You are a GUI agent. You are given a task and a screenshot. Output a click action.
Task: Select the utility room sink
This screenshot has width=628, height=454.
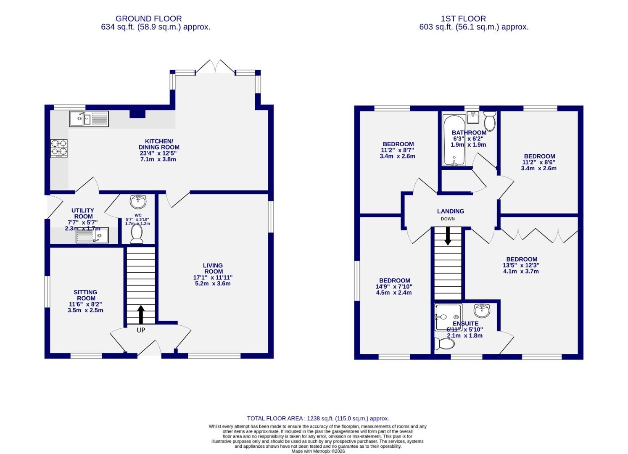92,235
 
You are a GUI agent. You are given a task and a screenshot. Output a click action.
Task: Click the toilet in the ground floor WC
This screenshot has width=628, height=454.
137,234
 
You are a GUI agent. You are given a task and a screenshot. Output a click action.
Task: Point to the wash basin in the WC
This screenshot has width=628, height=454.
138,202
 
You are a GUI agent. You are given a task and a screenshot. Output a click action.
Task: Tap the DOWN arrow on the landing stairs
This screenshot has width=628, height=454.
448,236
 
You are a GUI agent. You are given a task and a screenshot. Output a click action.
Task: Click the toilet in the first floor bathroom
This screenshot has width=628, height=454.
489,121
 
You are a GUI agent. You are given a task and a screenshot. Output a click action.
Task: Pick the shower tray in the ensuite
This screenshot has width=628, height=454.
448,317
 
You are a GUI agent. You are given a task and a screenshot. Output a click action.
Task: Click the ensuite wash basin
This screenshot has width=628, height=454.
482,311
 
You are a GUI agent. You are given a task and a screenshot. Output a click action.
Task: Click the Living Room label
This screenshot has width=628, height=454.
213,268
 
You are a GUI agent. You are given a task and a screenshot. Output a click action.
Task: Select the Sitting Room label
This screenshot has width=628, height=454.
85,295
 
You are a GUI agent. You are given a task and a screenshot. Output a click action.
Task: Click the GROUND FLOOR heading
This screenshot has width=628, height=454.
148,18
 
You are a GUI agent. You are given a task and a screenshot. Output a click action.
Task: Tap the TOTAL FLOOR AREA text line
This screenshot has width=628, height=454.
318,418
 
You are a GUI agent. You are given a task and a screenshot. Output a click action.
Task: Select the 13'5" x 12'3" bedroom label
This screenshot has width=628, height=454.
521,265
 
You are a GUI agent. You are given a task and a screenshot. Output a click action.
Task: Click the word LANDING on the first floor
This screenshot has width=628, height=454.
450,211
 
